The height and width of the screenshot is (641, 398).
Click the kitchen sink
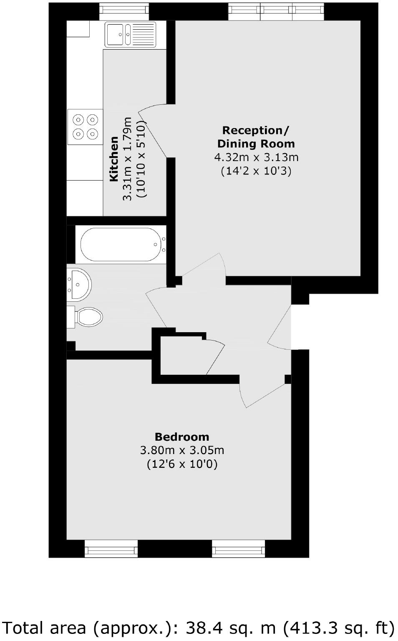[130, 35]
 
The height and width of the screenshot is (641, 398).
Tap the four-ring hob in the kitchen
[85, 127]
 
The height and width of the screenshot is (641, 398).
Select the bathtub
[121, 245]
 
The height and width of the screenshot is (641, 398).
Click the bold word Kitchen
[113, 159]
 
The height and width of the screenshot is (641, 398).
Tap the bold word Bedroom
[182, 437]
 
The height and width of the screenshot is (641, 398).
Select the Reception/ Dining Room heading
[256, 137]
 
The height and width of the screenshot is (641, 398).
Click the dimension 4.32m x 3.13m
[256, 157]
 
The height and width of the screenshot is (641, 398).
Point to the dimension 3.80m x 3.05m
[182, 450]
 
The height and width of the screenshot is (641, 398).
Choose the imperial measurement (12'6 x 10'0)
[182, 464]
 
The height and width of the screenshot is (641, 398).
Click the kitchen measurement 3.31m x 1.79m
[127, 159]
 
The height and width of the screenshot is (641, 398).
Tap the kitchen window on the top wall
[123, 11]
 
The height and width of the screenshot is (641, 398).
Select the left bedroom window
[111, 549]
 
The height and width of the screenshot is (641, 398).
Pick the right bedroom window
[238, 549]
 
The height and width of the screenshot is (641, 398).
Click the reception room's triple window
[276, 11]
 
